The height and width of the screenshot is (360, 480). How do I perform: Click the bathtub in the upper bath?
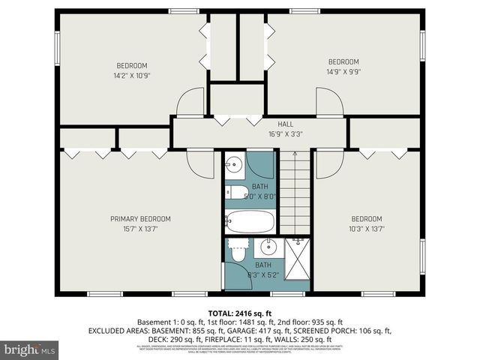pos(250,221)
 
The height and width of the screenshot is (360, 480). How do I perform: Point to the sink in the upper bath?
pos(234,164)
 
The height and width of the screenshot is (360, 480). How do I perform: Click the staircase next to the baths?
pos(295,191)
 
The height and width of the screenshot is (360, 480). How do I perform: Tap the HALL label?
pos(265,124)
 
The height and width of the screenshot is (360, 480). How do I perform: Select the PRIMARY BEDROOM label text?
pos(140,219)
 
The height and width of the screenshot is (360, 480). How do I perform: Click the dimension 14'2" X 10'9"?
pos(131,76)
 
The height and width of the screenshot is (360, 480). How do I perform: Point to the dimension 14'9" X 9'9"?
pos(343,73)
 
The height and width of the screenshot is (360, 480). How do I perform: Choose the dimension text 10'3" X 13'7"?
pos(367,229)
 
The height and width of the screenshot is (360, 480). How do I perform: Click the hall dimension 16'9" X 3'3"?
pos(265,134)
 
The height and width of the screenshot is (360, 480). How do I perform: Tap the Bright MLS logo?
pos(30,349)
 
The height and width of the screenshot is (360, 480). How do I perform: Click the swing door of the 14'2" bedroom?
pos(191,101)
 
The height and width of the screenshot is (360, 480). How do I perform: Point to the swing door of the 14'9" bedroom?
pos(328,101)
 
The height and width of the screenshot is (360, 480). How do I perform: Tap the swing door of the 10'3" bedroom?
pos(328,164)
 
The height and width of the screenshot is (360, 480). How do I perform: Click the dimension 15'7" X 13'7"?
pos(140,229)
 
